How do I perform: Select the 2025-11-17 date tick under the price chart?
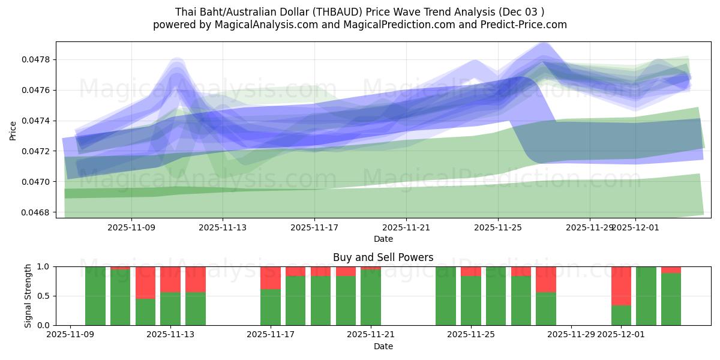pos(314,227)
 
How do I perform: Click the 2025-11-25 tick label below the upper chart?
pos(498,227)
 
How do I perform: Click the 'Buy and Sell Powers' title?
pos(383,257)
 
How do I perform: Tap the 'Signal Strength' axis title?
pos(28,295)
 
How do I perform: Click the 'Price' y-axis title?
pos(13,130)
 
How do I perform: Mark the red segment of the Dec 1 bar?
pos(621,286)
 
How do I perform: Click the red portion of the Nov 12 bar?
pos(145,282)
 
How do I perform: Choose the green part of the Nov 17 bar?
pos(271,307)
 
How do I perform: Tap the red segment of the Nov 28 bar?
pos(546,279)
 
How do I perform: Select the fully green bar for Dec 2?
pos(646,296)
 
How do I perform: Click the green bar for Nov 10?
pos(95,296)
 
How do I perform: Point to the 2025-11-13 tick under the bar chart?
pos(171,334)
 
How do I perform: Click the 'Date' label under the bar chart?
pos(383,346)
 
